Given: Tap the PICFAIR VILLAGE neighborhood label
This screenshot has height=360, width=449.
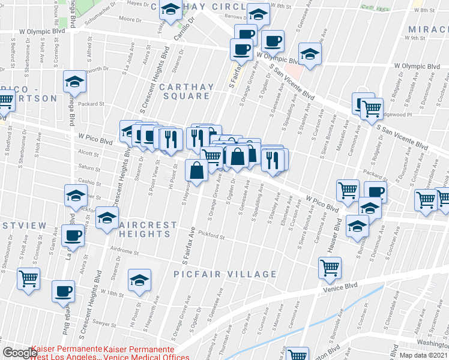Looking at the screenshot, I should pos(225,274).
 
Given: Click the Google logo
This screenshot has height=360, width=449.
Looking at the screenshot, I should pos(19,353).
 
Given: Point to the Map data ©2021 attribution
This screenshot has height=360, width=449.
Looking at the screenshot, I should pos(424,355).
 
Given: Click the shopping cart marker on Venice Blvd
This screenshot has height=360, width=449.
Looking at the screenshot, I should pos(330,268).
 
